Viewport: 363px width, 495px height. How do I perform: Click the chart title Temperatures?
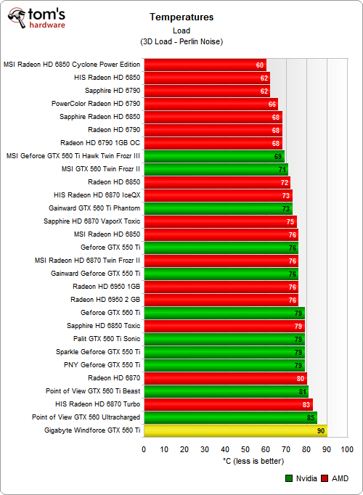click(x=181, y=16)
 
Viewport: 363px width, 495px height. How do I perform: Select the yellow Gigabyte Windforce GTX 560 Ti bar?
click(x=235, y=430)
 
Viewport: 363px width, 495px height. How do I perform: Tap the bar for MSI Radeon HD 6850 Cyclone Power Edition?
click(x=205, y=65)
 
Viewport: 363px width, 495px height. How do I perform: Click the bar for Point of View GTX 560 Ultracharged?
click(x=230, y=417)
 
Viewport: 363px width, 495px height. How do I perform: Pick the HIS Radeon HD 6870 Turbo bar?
click(x=229, y=404)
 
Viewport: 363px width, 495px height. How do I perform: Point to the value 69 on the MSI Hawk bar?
click(x=278, y=156)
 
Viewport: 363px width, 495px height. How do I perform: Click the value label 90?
click(x=320, y=430)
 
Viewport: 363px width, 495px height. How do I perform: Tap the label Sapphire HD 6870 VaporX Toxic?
click(x=91, y=221)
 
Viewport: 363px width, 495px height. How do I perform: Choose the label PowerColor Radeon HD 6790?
click(x=96, y=104)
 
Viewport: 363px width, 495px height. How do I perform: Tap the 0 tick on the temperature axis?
click(x=144, y=449)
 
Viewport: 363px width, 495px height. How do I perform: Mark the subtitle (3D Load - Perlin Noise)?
click(x=181, y=41)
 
